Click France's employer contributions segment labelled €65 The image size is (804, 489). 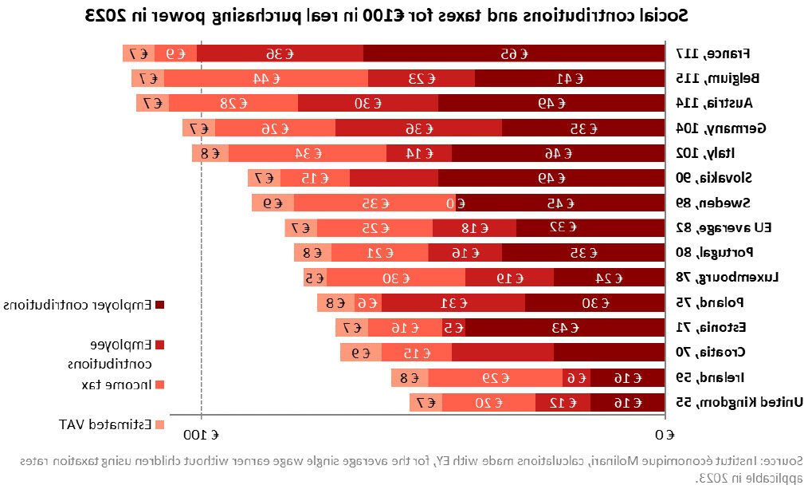click(x=513, y=53)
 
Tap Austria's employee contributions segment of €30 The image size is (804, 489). click(x=368, y=103)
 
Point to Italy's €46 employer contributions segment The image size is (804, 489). click(x=558, y=153)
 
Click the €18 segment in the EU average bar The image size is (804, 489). click(x=474, y=227)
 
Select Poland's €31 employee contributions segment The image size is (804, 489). click(x=453, y=302)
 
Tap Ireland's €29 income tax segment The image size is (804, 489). click(x=495, y=377)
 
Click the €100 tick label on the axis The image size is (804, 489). click(x=202, y=435)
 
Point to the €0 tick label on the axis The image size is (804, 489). click(x=665, y=435)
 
